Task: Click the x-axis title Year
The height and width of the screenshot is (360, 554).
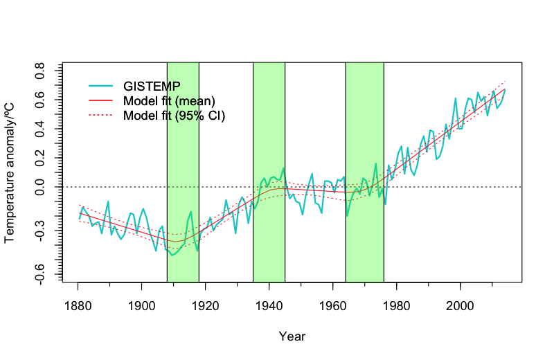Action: (292, 336)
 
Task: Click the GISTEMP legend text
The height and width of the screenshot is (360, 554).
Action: (152, 86)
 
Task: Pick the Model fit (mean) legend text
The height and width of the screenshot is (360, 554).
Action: (169, 100)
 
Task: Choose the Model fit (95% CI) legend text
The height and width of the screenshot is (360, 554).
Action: (174, 115)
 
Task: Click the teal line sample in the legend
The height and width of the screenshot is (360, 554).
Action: (101, 86)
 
